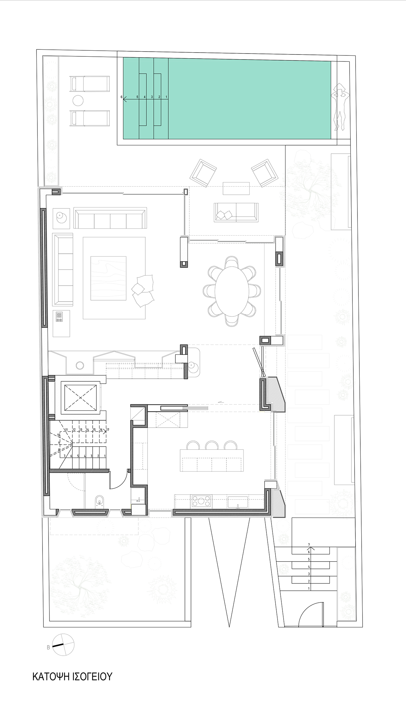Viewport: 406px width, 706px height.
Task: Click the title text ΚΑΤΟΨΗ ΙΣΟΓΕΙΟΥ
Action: point(72,677)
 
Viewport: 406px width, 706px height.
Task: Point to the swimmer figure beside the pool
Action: point(340,106)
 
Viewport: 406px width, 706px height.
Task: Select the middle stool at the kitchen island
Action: point(212,445)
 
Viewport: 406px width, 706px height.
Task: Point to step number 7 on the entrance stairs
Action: point(309,544)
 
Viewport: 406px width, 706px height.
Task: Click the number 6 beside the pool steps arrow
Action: point(121,97)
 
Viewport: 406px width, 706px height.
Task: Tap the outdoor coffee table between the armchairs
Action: point(237,188)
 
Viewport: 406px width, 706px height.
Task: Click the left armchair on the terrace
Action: point(203,173)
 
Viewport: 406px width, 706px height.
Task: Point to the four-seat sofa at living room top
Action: point(110,218)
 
